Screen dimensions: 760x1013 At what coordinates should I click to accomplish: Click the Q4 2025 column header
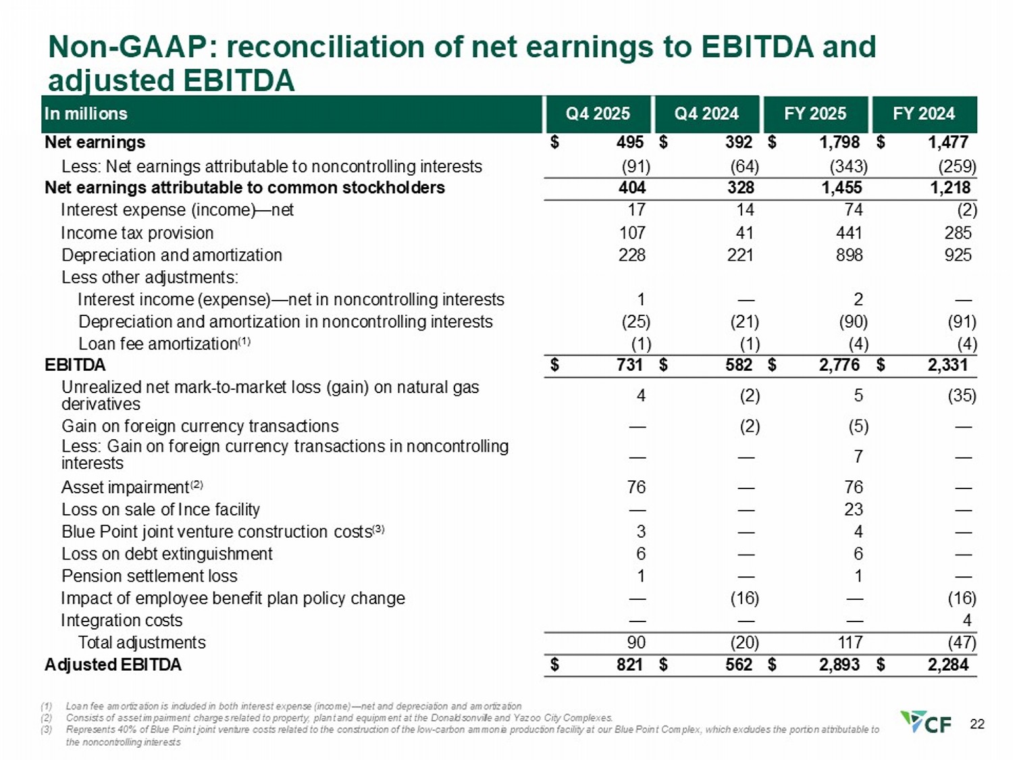click(598, 113)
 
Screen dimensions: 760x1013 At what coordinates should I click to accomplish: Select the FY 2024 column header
click(924, 113)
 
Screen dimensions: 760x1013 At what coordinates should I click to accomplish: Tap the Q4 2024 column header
click(706, 113)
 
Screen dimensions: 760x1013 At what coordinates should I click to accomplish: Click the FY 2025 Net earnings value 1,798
click(839, 142)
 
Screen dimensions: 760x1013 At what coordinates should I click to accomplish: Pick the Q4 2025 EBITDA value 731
click(629, 365)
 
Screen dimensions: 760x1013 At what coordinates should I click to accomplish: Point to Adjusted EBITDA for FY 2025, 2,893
click(839, 665)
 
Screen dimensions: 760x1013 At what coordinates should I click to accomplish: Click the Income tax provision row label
click(137, 233)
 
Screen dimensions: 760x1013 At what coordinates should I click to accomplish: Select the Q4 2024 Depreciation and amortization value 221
click(740, 255)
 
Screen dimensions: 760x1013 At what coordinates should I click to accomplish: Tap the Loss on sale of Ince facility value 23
click(853, 509)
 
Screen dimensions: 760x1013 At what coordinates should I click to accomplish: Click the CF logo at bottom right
click(926, 722)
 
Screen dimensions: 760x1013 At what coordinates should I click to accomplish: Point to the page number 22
click(977, 724)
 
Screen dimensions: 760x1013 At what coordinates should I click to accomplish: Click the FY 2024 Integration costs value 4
click(967, 620)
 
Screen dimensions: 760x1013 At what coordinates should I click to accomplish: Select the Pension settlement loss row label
click(149, 576)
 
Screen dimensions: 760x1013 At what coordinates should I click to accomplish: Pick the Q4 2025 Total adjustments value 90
click(636, 642)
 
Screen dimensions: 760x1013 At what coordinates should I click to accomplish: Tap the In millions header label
click(86, 113)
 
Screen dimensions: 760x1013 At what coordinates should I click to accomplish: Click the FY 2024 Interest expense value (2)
click(966, 210)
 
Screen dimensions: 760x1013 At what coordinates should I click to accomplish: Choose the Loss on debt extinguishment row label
click(167, 554)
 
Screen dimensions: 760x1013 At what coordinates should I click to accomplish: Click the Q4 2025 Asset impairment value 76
click(636, 487)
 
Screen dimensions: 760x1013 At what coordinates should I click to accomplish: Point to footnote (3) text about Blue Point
click(472, 730)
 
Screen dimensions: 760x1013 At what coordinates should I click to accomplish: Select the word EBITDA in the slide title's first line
click(754, 47)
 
